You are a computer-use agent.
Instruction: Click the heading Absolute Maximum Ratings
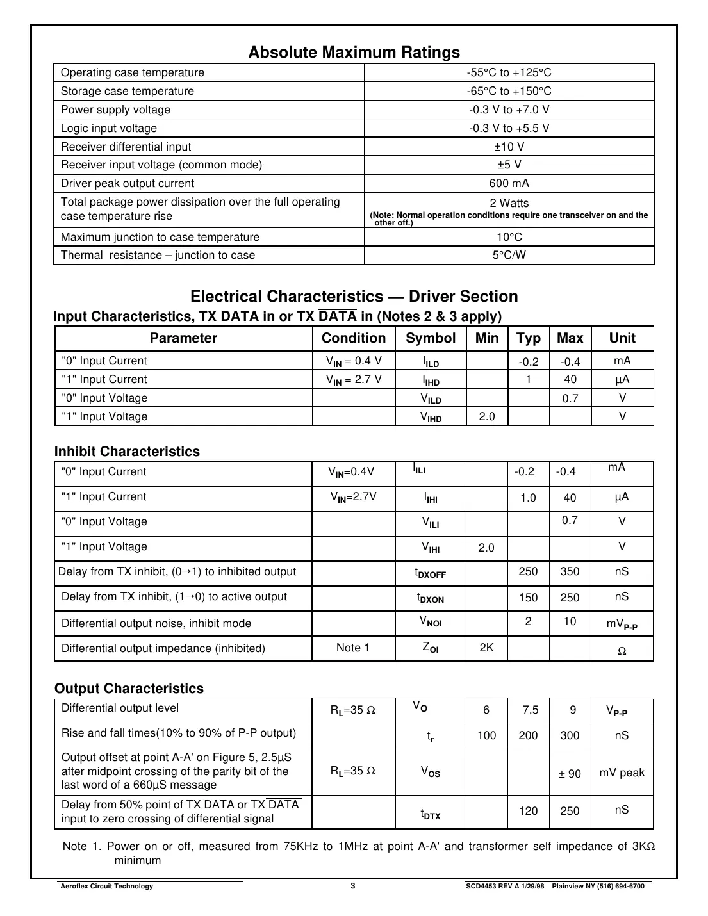(x=354, y=53)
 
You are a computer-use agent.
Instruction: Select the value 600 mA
(x=509, y=184)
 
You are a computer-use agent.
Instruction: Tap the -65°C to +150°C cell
(x=509, y=92)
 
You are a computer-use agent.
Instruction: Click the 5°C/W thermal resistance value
(x=509, y=256)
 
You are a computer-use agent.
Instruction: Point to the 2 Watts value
(x=509, y=203)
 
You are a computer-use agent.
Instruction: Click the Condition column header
(x=354, y=338)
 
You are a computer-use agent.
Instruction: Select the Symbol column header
(x=431, y=338)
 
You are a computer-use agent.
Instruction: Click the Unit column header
(x=622, y=338)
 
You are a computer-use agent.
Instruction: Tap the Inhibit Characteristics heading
(x=127, y=452)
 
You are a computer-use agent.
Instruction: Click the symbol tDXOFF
(x=430, y=573)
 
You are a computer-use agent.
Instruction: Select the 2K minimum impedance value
(x=486, y=648)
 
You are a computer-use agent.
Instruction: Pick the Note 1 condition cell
(x=353, y=648)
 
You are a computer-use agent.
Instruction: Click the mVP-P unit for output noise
(x=622, y=623)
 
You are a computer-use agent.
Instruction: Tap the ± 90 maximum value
(x=569, y=774)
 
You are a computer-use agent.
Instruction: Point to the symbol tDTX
(x=430, y=814)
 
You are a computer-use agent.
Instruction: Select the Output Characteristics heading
(x=129, y=689)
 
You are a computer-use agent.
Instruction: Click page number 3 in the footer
(x=353, y=886)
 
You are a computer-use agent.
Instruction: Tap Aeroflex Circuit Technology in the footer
(x=106, y=887)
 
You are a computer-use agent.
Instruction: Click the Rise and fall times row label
(x=179, y=733)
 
